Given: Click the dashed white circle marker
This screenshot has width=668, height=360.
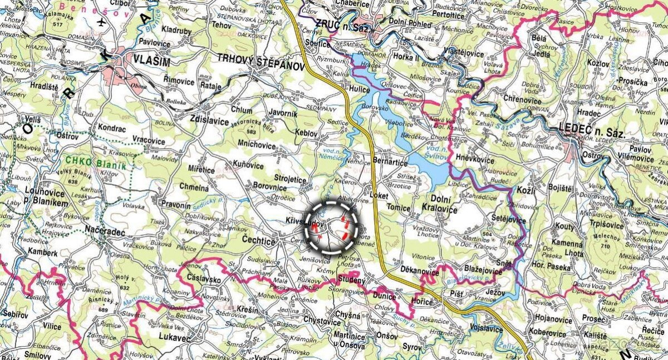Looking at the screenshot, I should [x=332, y=228].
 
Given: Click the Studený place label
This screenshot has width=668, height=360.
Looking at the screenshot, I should [x=351, y=280].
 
